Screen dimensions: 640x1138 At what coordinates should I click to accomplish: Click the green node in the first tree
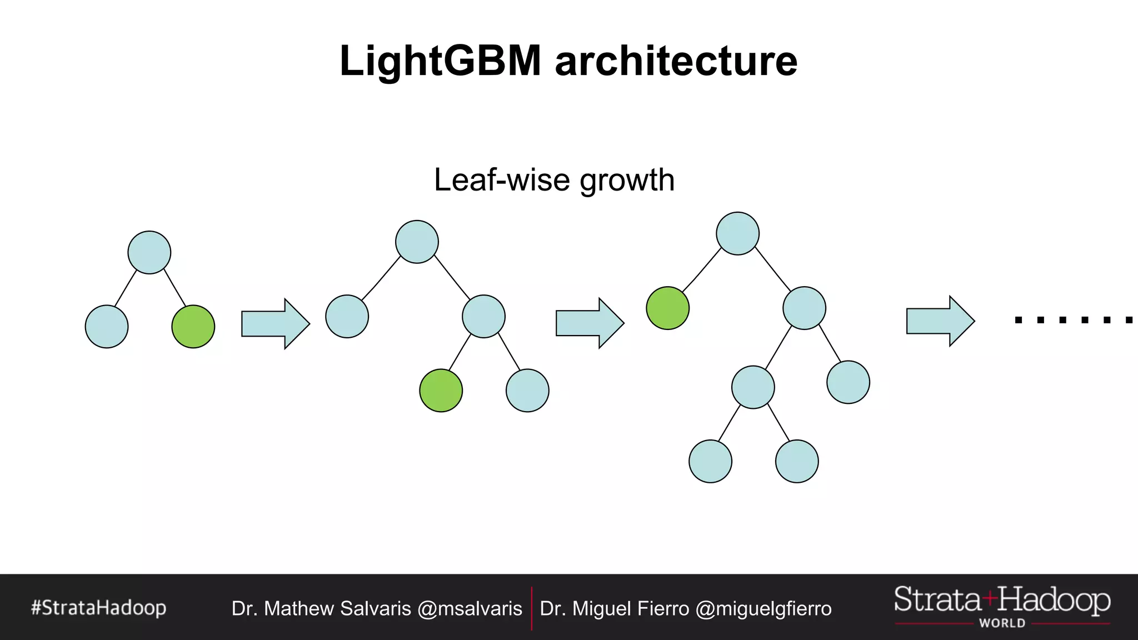pos(193,327)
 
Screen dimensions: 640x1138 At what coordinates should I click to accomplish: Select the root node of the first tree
pos(149,252)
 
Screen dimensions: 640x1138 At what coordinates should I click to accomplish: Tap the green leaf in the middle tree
pos(441,391)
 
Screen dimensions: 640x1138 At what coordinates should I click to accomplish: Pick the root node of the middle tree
pos(417,242)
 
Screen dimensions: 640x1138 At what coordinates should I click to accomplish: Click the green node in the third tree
pos(667,308)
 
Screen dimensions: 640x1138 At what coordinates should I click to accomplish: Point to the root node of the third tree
pos(737,233)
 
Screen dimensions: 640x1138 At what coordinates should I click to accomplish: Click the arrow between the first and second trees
pos(275,324)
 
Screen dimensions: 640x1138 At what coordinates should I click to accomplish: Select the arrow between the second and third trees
pos(590,323)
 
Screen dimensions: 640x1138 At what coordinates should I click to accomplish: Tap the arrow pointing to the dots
pos(940,321)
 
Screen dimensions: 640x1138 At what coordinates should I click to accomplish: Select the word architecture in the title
pos(676,61)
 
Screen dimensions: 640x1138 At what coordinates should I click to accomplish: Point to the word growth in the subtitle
pos(627,181)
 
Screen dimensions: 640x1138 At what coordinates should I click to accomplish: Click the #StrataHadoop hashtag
pos(99,608)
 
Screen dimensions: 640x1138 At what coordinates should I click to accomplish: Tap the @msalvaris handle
pos(470,608)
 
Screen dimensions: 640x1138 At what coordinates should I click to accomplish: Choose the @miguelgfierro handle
pos(763,608)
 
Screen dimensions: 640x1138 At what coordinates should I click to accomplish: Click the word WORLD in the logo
pos(1002,623)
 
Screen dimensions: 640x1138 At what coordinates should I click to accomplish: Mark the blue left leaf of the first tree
pos(107,327)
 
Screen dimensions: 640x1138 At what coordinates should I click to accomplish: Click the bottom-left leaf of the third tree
pos(710,461)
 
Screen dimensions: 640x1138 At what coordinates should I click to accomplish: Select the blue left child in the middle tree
pos(347,316)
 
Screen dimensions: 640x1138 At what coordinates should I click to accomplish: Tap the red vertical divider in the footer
pos(532,608)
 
